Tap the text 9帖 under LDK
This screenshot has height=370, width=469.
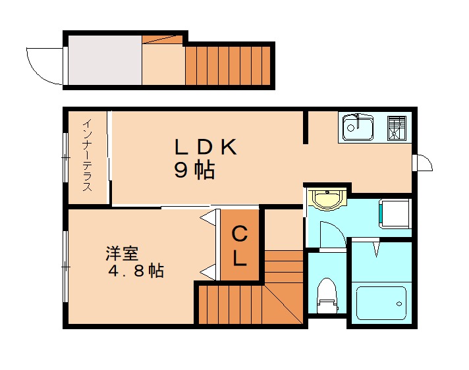[194, 171]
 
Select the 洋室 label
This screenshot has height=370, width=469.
[122, 253]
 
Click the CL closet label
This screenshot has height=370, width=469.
[239, 245]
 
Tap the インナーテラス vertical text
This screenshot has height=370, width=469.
[87, 155]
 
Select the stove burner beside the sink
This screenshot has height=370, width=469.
[397, 127]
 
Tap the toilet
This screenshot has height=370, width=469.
[327, 296]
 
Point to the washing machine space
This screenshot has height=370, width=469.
[395, 214]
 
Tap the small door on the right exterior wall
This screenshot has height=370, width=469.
[422, 163]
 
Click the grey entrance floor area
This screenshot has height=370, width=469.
[103, 61]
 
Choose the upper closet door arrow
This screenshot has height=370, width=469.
[209, 216]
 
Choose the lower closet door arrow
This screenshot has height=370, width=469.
[209, 269]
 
